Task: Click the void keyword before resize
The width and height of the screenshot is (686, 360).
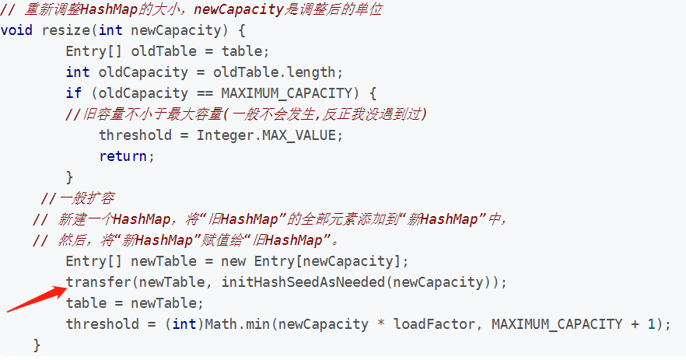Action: point(16,30)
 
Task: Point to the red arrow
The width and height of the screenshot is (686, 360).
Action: point(36,299)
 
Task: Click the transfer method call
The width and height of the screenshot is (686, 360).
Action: point(98,281)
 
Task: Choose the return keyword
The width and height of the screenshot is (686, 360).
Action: point(123,156)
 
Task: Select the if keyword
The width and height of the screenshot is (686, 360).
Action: point(74,93)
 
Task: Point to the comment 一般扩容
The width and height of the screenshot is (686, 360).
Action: point(79,197)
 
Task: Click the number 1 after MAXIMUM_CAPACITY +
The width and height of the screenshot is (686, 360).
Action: point(651,323)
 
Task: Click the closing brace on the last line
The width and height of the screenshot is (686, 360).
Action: point(37,344)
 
